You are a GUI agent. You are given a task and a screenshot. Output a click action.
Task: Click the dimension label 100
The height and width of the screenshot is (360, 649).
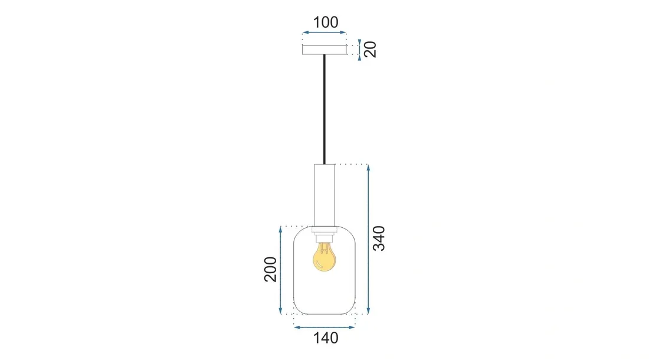click(325, 22)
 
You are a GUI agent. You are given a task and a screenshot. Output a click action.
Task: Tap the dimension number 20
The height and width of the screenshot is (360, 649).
click(371, 49)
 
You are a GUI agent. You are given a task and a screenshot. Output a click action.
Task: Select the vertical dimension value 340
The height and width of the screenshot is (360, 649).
click(380, 238)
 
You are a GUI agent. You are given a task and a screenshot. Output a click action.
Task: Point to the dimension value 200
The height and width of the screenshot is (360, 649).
click(270, 270)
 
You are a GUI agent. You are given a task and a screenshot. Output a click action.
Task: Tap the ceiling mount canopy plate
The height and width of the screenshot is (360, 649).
click(324, 50)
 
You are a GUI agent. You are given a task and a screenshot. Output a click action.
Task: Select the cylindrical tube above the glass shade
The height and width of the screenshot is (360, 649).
click(324, 195)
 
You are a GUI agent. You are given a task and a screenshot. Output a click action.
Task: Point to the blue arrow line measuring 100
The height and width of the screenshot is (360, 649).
click(324, 34)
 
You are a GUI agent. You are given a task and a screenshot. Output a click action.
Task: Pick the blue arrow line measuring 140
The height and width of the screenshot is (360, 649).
click(324, 326)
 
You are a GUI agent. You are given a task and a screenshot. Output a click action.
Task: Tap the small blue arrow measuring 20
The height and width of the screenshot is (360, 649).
click(359, 49)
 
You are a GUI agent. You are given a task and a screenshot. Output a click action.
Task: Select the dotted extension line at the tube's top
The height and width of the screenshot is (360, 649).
click(352, 163)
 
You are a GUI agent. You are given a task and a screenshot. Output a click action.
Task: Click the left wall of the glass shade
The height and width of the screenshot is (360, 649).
click(294, 271)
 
